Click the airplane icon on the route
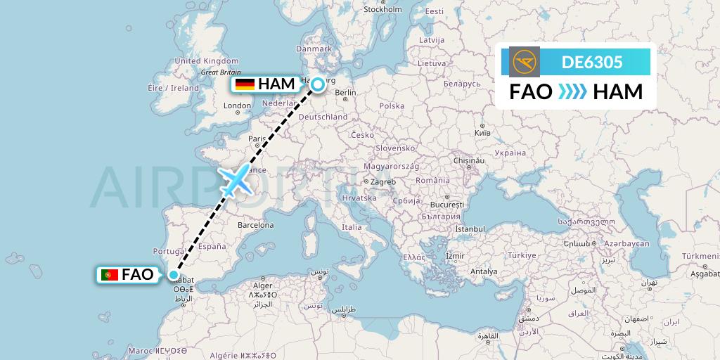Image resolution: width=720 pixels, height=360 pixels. point(236,180)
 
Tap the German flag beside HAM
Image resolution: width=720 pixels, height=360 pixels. point(245,84)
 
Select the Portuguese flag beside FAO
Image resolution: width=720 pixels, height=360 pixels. point(109,275)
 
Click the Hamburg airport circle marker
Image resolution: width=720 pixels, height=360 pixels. point(318,84)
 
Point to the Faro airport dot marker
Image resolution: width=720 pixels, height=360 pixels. point(173,275)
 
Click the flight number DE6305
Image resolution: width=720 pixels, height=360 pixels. point(592,62)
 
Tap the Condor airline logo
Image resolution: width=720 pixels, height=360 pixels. point(525,62)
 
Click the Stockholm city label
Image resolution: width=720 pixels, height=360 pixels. point(382,9)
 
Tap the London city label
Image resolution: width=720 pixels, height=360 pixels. point(237,106)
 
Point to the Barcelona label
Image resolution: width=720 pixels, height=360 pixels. point(255,225)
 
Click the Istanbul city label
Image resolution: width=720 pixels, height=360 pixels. point(470,229)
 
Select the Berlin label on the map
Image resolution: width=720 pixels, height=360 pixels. point(346,92)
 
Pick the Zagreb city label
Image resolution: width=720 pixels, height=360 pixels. point(382,181)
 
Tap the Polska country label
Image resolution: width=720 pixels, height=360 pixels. point(392,105)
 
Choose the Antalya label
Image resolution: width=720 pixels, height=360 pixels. point(484,271)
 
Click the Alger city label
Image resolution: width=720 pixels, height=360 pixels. point(262,285)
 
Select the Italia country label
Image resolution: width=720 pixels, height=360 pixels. point(352,227)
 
